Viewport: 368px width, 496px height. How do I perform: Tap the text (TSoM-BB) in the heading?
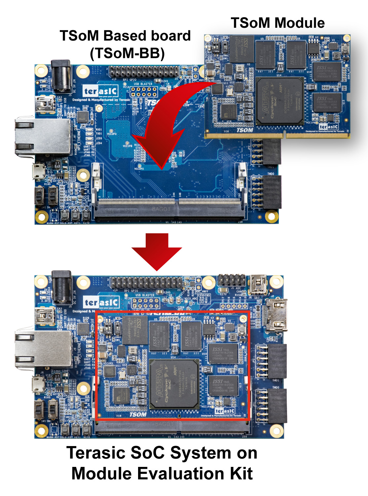click(x=127, y=53)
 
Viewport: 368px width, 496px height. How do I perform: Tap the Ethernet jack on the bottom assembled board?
click(x=43, y=349)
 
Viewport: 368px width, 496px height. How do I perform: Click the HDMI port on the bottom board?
click(x=277, y=314)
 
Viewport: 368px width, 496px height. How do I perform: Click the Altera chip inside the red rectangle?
click(x=174, y=384)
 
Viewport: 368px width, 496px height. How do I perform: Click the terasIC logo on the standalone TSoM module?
click(x=329, y=127)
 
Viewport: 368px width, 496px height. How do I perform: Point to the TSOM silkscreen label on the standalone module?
click(x=244, y=130)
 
